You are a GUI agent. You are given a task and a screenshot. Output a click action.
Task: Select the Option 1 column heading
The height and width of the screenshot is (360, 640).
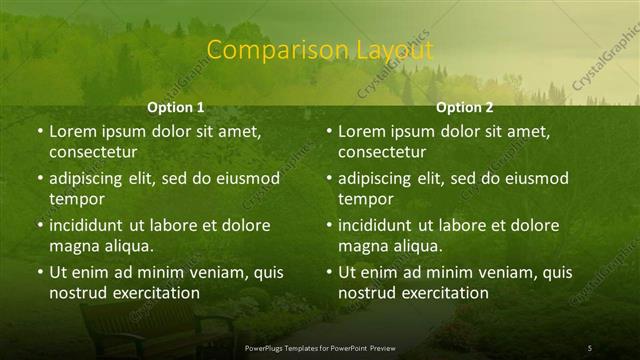[x=176, y=106]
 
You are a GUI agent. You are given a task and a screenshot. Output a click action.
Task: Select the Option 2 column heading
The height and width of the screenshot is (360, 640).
[x=465, y=106]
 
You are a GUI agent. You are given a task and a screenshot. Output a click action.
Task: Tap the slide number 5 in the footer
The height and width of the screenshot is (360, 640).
[x=590, y=347]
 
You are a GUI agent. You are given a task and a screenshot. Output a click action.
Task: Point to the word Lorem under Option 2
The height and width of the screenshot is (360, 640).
[x=363, y=131]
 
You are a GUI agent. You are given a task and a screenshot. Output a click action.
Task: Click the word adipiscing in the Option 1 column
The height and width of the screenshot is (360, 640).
[x=89, y=179]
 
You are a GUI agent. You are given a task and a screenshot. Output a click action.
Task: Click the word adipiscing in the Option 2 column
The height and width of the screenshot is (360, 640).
[x=378, y=179]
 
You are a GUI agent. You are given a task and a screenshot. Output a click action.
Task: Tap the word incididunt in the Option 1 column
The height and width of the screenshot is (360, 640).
[x=90, y=225]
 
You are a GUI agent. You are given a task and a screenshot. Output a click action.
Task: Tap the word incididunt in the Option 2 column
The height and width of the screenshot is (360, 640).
[x=379, y=225]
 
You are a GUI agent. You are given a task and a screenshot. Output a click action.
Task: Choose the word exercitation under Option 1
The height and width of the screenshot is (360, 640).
[x=154, y=293]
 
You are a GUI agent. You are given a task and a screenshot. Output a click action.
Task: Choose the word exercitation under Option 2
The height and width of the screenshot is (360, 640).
[x=443, y=293]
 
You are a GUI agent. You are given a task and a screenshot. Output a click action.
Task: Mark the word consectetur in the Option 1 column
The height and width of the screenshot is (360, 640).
[x=92, y=153]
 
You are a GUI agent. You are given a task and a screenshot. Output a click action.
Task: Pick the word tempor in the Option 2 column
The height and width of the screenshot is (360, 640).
[x=362, y=200]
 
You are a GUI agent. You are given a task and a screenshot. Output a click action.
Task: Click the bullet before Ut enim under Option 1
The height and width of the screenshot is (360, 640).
[x=40, y=272]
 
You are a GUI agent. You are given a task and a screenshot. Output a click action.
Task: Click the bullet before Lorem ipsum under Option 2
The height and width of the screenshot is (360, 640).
[x=329, y=131]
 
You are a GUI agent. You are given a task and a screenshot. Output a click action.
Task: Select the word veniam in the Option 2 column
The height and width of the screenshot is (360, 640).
[x=490, y=272]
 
